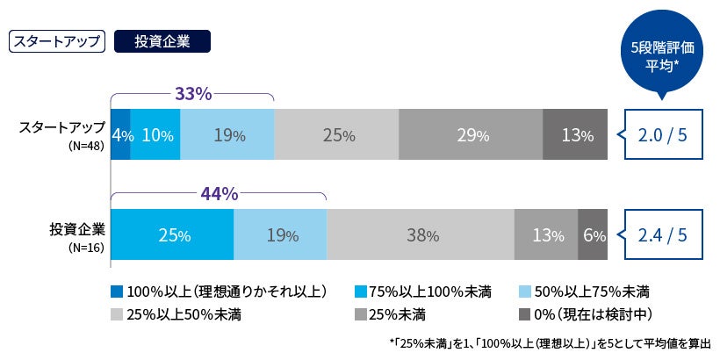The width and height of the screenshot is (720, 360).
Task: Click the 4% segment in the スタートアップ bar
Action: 120,135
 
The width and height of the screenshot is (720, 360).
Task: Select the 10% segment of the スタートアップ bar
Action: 155,135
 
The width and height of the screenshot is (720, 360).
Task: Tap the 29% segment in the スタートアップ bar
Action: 471,135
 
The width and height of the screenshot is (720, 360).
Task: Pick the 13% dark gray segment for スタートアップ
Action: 575,135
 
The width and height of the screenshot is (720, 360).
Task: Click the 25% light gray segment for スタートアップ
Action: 336,135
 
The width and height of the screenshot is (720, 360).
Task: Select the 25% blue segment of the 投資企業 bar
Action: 172,234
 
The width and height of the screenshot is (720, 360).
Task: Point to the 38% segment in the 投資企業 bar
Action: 421,234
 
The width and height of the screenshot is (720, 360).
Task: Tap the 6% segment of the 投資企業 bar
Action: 593,234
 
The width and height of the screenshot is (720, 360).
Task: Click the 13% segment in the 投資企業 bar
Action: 546,234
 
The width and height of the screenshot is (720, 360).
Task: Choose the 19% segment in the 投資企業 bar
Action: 280,234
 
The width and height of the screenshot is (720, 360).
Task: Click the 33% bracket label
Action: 192,93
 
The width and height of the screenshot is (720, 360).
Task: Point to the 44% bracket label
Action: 219,192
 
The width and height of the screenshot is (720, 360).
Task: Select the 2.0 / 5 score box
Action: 664,135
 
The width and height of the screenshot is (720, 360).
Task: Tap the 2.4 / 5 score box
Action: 664,234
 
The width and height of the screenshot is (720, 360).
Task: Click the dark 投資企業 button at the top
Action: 163,41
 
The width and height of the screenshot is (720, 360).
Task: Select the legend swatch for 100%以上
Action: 117,291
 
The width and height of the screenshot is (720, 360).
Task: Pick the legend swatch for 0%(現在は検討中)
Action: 525,313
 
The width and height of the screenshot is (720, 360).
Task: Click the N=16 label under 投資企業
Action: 85,248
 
